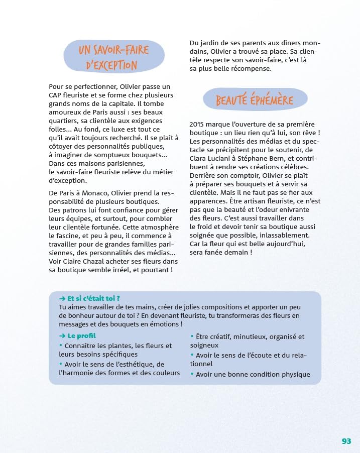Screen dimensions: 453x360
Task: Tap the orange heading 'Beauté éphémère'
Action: pyautogui.click(x=255, y=100)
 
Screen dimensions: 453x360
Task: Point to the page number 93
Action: pyautogui.click(x=346, y=441)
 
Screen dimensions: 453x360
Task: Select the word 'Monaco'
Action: pyautogui.click(x=93, y=193)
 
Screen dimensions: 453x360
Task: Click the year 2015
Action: pyautogui.click(x=199, y=125)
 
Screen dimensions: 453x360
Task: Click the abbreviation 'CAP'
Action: pyautogui.click(x=56, y=95)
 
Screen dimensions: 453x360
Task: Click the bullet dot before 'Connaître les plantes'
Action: pyautogui.click(x=61, y=346)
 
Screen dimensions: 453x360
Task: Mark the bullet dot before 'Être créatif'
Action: pyautogui.click(x=192, y=336)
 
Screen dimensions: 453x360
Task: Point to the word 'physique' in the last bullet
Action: pyautogui.click(x=294, y=374)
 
